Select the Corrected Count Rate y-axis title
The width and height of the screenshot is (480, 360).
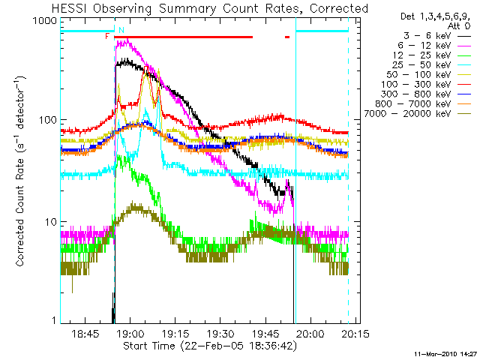click(20, 170)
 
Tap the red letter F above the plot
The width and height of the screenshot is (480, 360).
click(107, 35)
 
